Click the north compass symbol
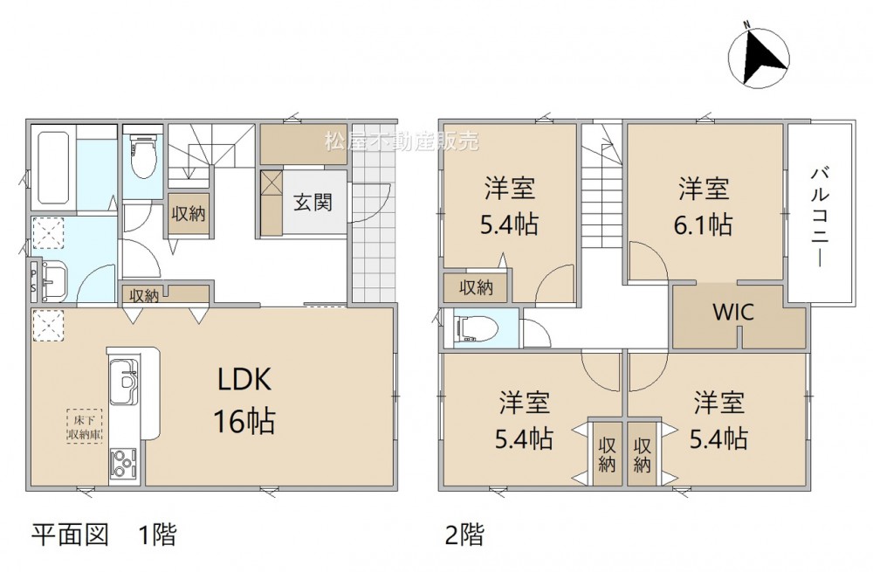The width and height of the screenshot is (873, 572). [x=759, y=56]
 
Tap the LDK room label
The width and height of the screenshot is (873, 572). [x=244, y=380]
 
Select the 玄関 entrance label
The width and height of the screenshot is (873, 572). [x=313, y=202]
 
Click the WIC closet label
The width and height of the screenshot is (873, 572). [x=733, y=312]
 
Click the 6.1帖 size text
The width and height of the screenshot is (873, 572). [x=704, y=224]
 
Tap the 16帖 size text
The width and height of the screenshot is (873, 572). [x=244, y=421]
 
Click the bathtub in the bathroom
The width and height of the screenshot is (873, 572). [x=52, y=167]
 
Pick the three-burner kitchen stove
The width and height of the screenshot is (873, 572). [x=122, y=464]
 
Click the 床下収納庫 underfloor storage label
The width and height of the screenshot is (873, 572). [x=85, y=428]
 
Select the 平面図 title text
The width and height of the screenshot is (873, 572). [x=70, y=534]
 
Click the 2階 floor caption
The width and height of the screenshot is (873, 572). [x=464, y=534]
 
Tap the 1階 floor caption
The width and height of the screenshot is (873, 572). [x=157, y=534]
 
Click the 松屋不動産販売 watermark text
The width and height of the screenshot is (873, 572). [x=402, y=141]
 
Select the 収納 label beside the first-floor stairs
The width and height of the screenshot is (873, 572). [x=189, y=213]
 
